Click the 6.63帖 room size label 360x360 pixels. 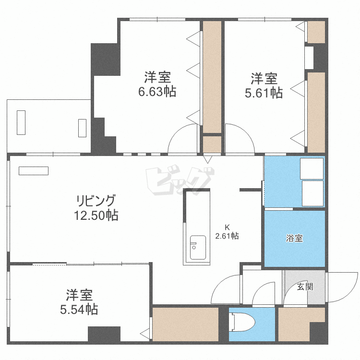[157, 92]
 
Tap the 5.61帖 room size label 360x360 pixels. [264, 93]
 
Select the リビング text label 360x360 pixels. [96, 200]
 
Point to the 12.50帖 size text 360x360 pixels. [96, 216]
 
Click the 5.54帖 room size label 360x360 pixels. [79, 310]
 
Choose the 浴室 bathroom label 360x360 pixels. [294, 238]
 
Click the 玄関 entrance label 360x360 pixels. [305, 287]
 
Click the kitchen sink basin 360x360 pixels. [197, 247]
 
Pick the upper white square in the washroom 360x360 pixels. [312, 168]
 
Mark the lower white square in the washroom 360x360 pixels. [312, 193]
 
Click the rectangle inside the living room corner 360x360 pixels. [34, 170]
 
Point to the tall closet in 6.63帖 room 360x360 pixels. [212, 77]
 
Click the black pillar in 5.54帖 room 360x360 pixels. [104, 334]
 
